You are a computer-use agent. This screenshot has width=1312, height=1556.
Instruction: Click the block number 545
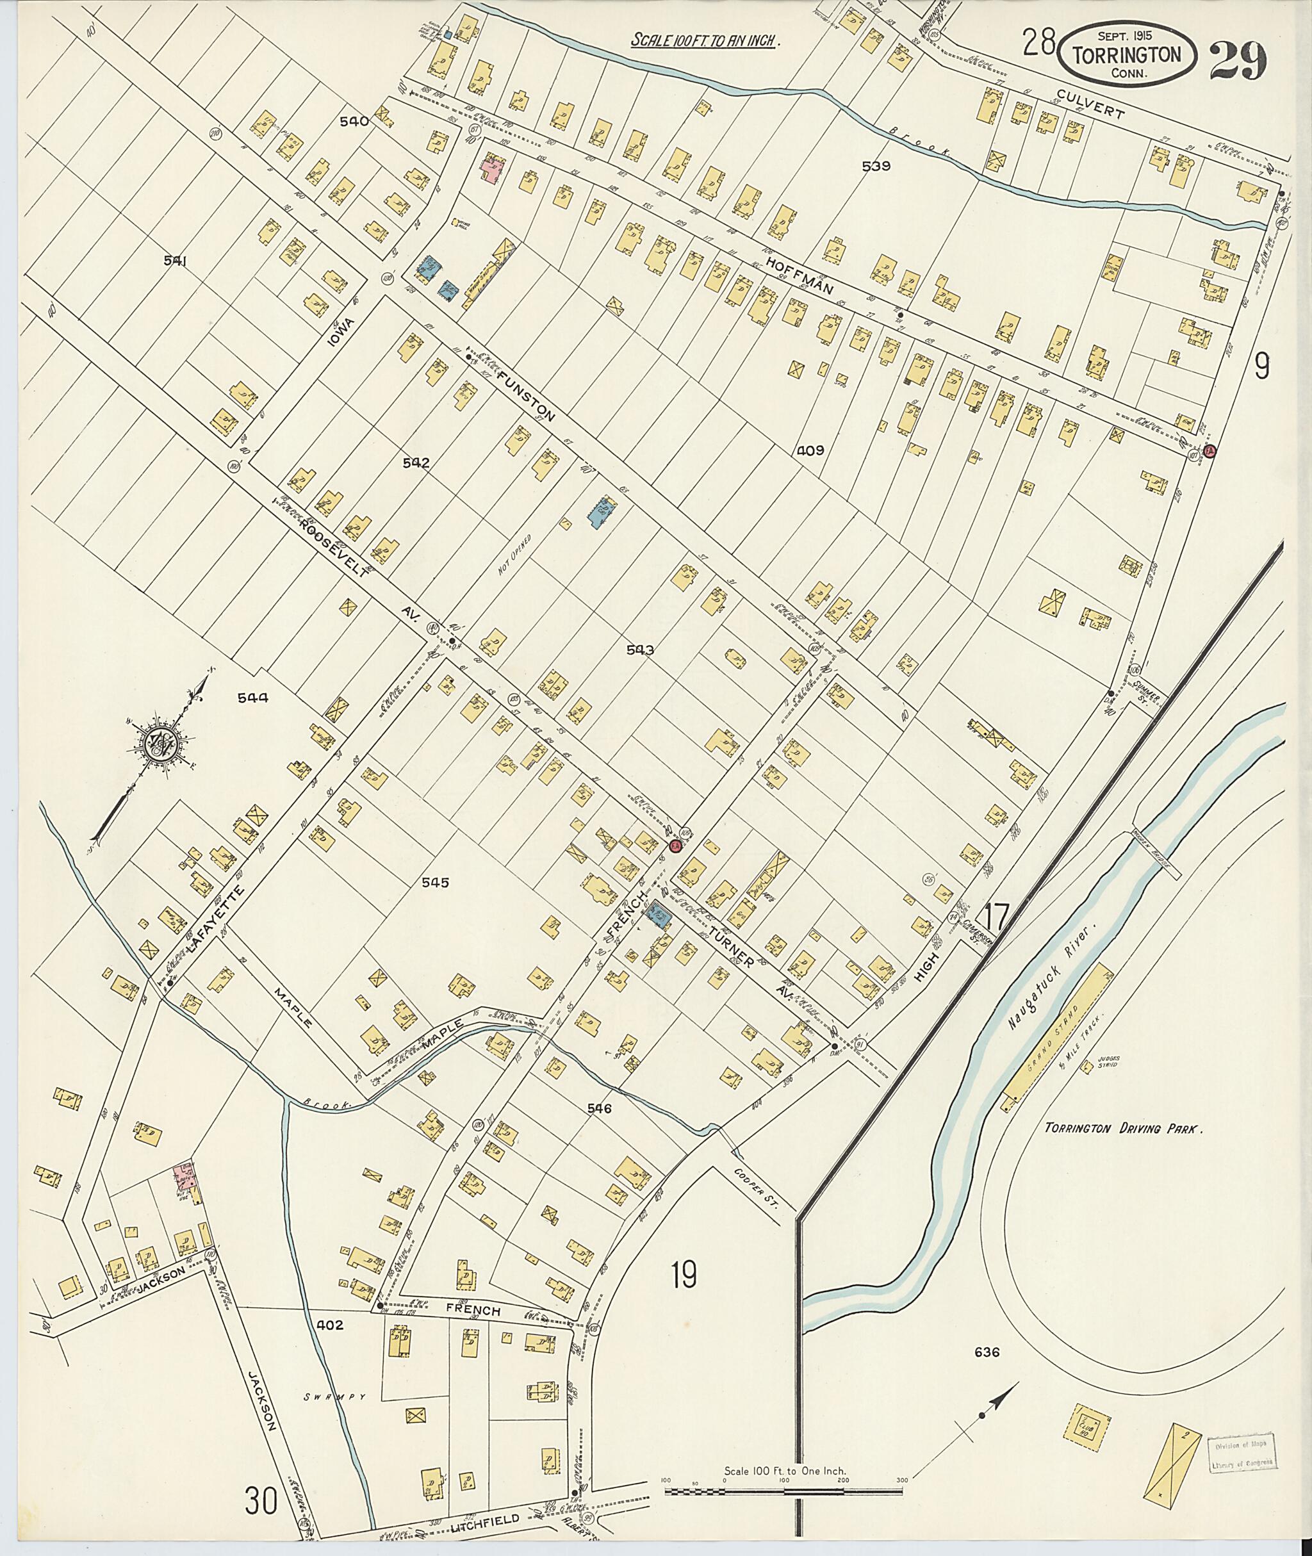(x=435, y=882)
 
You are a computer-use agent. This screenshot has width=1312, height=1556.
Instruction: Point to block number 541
(x=179, y=260)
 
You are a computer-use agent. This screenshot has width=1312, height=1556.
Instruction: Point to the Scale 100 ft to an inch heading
(x=703, y=41)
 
